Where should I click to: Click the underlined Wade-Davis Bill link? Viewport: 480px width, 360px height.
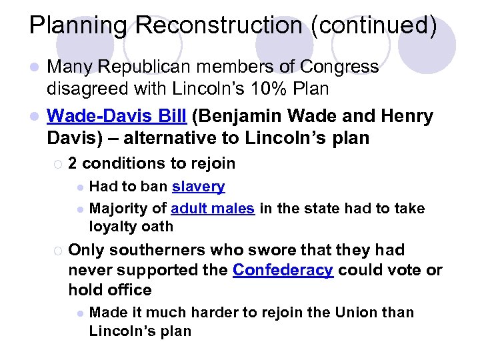coord(116,117)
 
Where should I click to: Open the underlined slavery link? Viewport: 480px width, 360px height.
coord(199,187)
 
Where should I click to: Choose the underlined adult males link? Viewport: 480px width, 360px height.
coord(213,208)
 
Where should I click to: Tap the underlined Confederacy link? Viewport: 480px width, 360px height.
coord(283,271)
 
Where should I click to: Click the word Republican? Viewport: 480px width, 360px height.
coord(144,67)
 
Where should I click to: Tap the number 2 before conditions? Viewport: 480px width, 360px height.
coord(73,163)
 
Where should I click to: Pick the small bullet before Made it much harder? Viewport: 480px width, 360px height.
coord(79,313)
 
